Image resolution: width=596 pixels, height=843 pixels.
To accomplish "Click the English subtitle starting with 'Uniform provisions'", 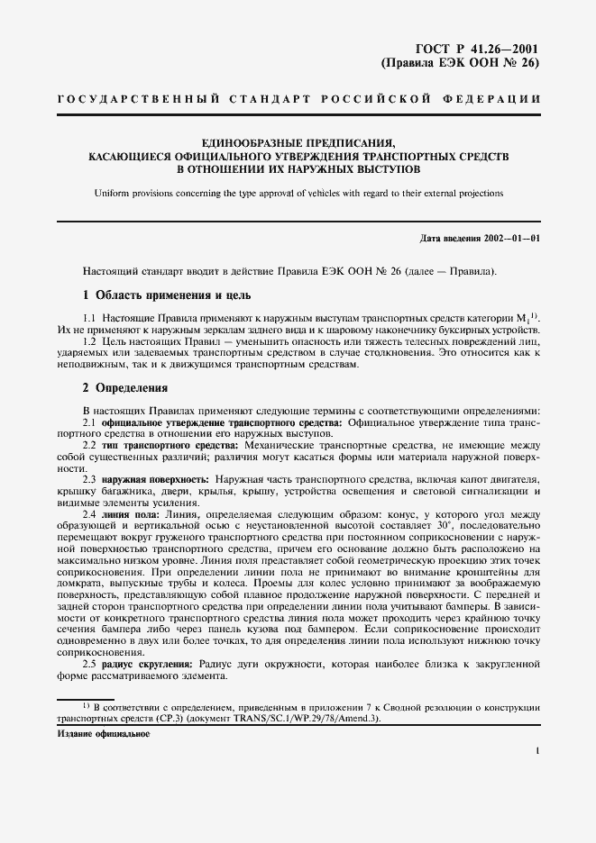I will point(298,193).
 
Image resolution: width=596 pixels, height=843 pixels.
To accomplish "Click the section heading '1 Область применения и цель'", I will point(167,295).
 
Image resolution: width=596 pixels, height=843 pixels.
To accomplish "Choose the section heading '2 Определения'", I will point(125,388).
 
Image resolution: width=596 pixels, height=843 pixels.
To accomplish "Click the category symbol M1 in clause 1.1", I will point(522,317).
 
